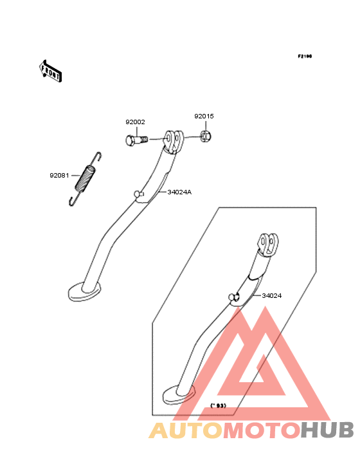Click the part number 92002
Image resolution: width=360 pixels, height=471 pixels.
coord(135,122)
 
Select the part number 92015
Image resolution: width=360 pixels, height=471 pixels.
coord(204,116)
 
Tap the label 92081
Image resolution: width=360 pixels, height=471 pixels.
coord(59,176)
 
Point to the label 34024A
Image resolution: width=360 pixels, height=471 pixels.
coord(179,192)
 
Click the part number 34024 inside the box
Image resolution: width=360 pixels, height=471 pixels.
coord(272,296)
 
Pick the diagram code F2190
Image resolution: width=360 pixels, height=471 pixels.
coord(305,56)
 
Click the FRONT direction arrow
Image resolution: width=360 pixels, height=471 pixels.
coord(51,71)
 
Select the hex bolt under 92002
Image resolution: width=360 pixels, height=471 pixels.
coord(136,140)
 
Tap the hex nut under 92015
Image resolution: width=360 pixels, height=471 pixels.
coord(206,136)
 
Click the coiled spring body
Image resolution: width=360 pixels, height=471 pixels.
coord(85,179)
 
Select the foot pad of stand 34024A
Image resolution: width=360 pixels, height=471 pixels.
coord(84,291)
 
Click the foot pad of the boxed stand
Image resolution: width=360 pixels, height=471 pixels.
coord(179,394)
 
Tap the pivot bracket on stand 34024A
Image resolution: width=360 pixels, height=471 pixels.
coord(174,141)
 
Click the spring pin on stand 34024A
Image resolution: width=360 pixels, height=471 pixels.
coord(139,194)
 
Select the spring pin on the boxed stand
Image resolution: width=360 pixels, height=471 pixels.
coord(234,297)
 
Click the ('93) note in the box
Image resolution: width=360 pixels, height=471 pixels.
coord(218,406)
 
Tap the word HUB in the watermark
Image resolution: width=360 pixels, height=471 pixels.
coord(328,430)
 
